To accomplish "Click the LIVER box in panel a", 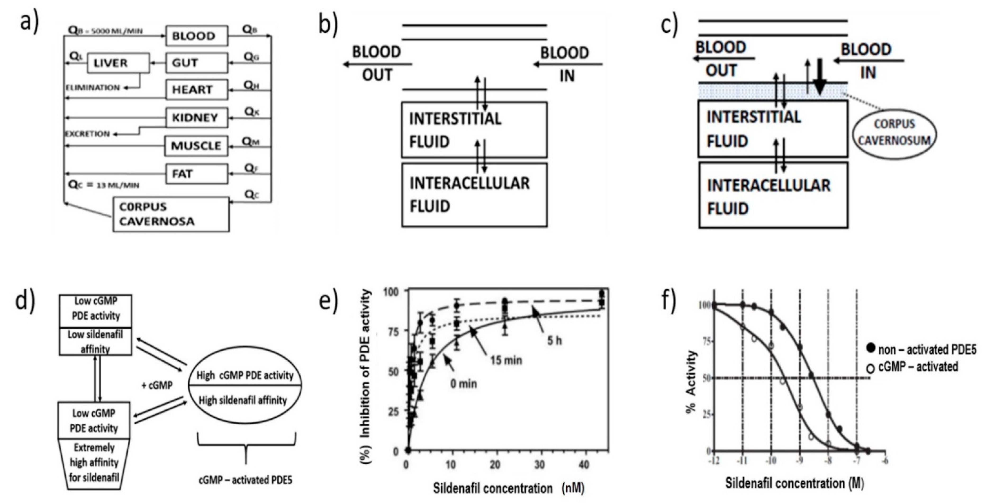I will tap(118, 63).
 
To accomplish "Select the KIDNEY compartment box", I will tap(197, 118).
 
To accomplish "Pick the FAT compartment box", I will tap(197, 174).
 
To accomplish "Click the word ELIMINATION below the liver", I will tap(93, 88).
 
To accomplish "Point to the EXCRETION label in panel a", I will tap(88, 134).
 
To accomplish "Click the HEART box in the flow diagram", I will tap(197, 90).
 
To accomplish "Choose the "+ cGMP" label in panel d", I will tap(157, 385).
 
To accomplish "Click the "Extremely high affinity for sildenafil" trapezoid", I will tap(94, 462).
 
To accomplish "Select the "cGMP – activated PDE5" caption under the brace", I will tap(245, 480).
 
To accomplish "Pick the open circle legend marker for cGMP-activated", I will tap(870, 368).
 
